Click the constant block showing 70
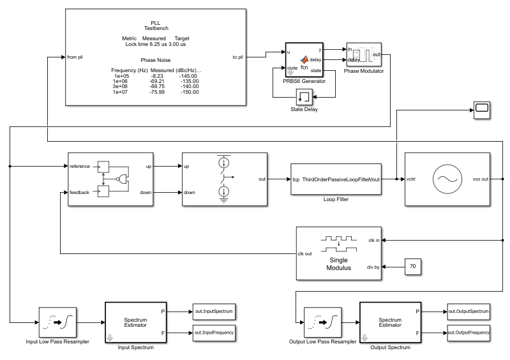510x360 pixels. [413, 267]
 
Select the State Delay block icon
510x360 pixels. [304, 97]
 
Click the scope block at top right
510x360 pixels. [482, 110]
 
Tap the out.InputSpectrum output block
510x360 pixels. [214, 311]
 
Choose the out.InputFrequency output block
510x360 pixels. [214, 333]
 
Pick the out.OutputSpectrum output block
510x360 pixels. [469, 311]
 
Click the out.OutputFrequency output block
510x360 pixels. [469, 333]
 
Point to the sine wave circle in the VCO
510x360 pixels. [447, 179]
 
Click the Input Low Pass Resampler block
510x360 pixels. [57, 322]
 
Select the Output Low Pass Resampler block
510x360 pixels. [322, 322]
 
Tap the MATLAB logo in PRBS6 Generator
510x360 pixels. [304, 59]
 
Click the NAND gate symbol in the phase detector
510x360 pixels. [123, 179]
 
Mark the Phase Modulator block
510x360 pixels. [364, 55]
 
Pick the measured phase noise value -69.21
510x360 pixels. [157, 81]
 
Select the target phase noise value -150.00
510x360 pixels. [190, 92]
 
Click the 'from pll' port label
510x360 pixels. [75, 57]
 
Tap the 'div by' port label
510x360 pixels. [373, 267]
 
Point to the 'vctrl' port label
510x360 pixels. [411, 179]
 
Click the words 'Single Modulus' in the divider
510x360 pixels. [338, 264]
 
